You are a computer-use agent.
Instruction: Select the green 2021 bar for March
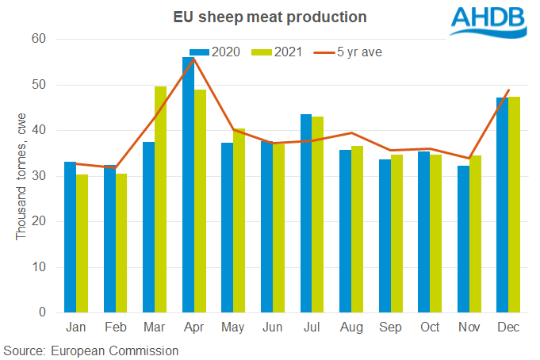161,199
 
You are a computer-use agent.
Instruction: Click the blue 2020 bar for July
306,213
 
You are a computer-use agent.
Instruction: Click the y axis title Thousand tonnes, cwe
21,175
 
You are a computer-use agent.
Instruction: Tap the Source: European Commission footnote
90,350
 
